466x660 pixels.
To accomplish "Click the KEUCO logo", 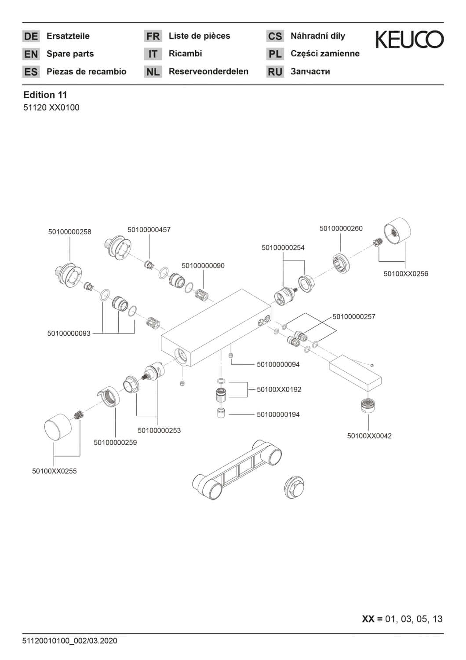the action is point(410,40).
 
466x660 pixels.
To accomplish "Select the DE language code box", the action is point(31,36).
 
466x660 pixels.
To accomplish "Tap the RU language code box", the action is point(275,72).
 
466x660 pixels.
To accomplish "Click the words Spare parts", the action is point(70,54).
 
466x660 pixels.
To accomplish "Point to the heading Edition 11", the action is point(45,95).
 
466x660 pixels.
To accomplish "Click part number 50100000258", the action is point(70,232).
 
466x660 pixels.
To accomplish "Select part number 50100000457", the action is point(149,230).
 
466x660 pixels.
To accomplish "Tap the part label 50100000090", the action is point(203,265).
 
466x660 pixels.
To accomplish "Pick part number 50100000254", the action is point(283,248).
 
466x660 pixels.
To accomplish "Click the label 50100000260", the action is point(341,228).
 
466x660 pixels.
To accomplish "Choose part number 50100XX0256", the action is point(406,274).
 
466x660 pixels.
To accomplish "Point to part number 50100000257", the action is point(354,317).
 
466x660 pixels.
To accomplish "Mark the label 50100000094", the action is point(278,364).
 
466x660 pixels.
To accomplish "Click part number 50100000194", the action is point(278,414).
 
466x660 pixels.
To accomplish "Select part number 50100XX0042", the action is point(369,436).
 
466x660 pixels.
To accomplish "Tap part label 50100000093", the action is point(69,334).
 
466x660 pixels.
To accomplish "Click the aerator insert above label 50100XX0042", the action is point(368,405).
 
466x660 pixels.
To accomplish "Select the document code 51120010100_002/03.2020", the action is point(70,641).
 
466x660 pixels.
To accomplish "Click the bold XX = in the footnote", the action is point(372,619).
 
